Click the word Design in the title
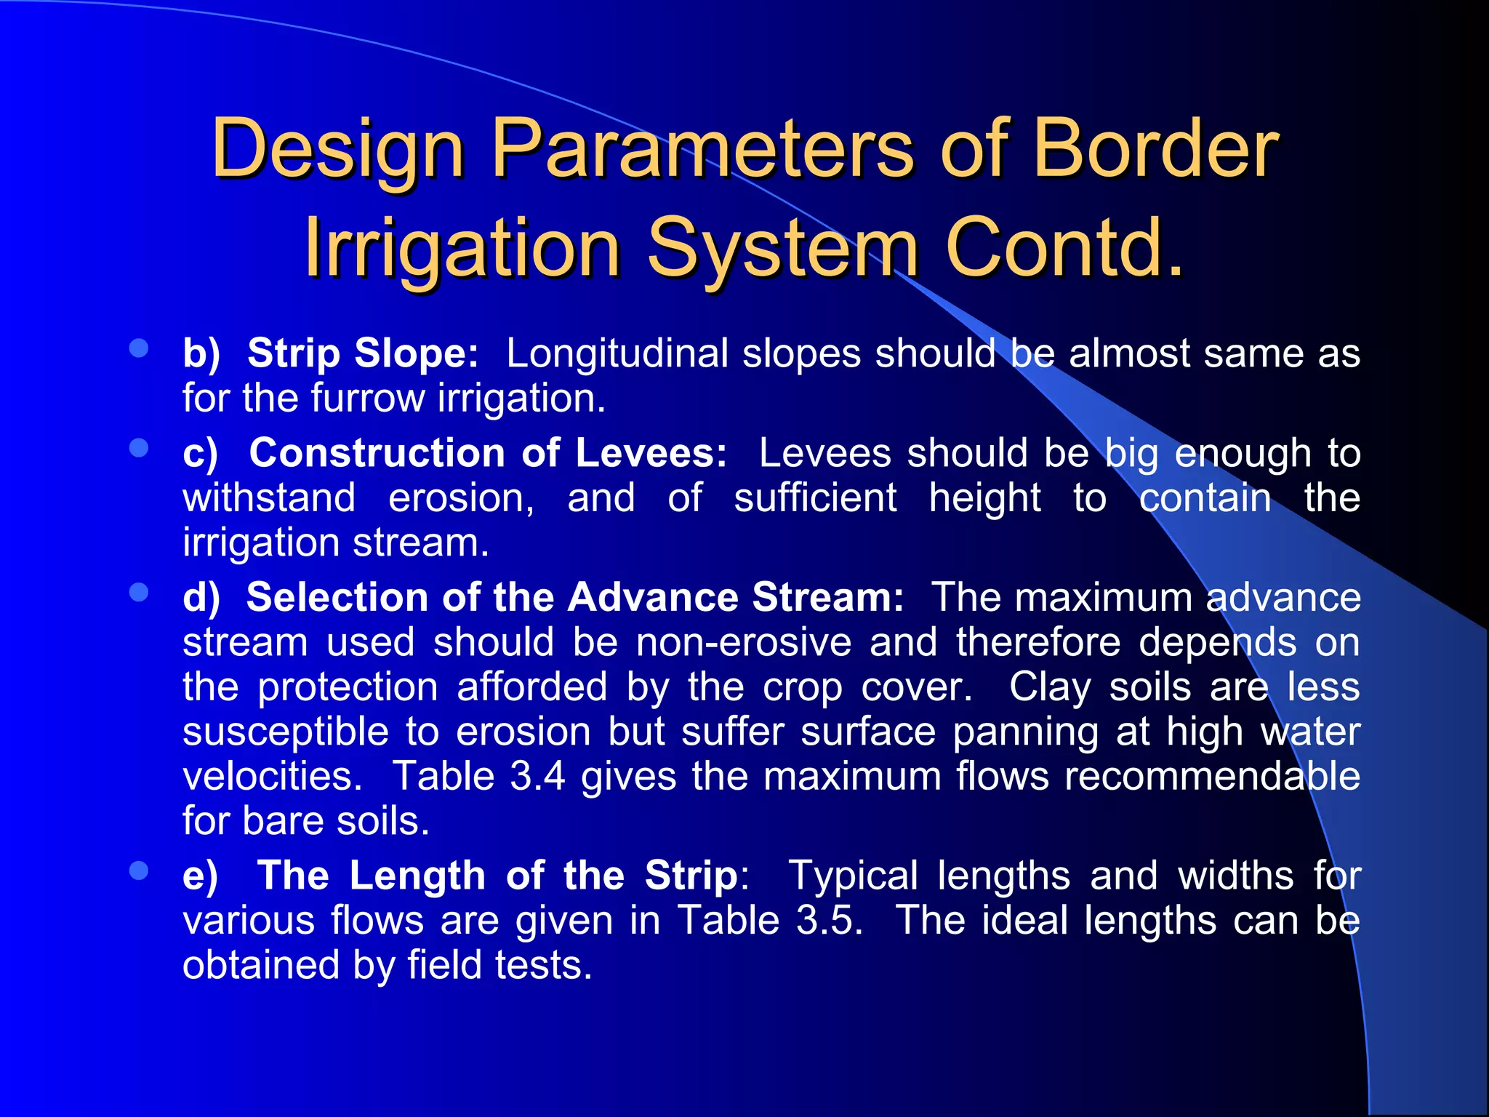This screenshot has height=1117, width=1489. point(337,149)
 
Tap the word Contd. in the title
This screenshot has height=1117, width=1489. point(1064,249)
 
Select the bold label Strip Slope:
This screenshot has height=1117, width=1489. point(363,354)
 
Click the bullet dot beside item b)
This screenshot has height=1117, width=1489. point(138,348)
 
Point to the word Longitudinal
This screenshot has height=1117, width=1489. point(617,354)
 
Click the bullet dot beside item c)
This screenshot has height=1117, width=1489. point(138,448)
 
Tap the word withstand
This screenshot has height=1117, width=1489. point(269,499)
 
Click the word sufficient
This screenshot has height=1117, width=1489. point(815,499)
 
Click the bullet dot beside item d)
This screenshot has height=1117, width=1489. point(138,592)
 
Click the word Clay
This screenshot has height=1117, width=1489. point(1049,687)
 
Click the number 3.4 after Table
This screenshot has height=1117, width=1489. point(537,776)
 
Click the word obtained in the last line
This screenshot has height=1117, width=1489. point(260,966)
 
